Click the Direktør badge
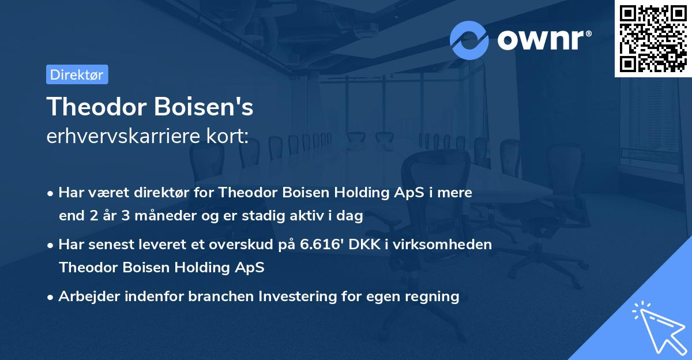77,75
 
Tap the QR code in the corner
653,38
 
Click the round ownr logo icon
469,40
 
